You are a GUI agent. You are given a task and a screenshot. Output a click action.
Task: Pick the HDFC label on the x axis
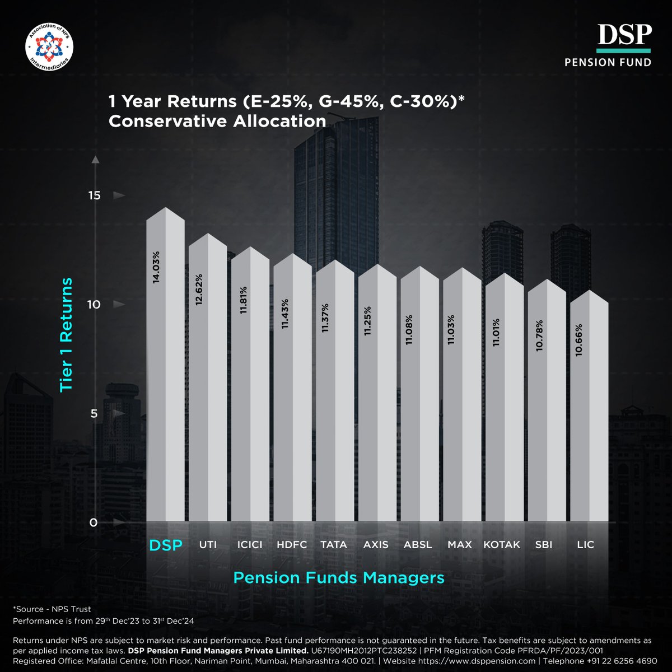[292, 544]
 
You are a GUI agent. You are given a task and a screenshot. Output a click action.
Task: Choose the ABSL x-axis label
[418, 544]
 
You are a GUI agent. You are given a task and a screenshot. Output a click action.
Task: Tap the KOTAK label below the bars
[502, 544]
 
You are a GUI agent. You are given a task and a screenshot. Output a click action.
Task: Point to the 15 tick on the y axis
[94, 195]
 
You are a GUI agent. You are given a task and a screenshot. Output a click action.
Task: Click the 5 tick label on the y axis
[94, 414]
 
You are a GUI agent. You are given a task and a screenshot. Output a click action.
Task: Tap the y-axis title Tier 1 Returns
[67, 335]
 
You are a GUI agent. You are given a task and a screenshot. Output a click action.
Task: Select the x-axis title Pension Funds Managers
[339, 577]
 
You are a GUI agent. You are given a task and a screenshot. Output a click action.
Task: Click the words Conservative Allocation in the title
[217, 121]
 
